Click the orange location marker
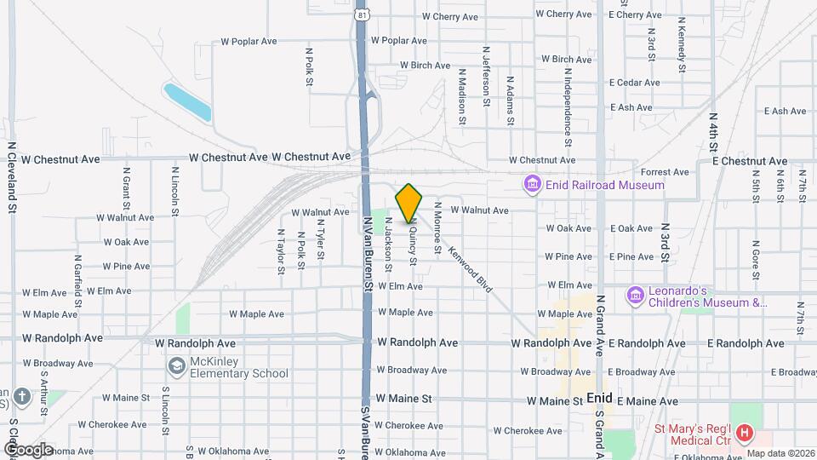coord(409,203)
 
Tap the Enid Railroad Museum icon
coord(533,184)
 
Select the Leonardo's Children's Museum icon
coord(634,296)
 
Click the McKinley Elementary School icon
coord(176,366)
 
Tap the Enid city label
coord(599,399)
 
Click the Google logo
coord(28,449)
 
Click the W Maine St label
coord(403,398)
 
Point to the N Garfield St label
coord(77,280)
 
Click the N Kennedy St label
coord(682,38)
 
